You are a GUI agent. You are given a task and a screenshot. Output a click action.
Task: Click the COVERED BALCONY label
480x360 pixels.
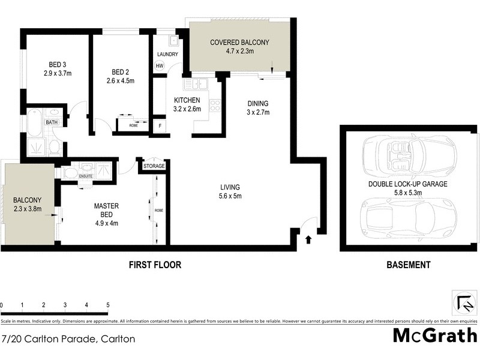click(x=239, y=43)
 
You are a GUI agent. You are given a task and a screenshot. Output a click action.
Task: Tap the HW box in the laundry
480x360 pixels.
click(x=160, y=66)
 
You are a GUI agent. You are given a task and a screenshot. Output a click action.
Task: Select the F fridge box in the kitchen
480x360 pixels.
click(x=160, y=126)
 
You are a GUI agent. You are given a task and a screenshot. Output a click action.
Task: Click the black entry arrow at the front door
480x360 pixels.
click(x=309, y=240)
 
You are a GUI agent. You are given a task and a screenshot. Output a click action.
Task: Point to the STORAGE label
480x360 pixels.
click(x=154, y=166)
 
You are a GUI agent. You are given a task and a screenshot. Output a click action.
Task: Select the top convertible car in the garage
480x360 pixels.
click(x=408, y=152)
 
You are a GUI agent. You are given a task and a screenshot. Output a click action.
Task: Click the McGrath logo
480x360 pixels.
click(x=435, y=335)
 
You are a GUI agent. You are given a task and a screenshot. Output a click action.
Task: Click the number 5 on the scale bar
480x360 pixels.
click(x=107, y=305)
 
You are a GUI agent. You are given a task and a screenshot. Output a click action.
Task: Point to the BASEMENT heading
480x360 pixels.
click(x=408, y=265)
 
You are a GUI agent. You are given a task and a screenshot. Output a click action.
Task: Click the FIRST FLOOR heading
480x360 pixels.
click(x=155, y=265)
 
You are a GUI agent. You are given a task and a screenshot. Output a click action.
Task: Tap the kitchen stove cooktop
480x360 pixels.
click(x=215, y=106)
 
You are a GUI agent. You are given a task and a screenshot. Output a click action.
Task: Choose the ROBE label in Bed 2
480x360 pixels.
click(x=133, y=126)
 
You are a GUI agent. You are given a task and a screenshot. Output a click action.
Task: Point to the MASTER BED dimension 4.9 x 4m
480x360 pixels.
click(x=106, y=223)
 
